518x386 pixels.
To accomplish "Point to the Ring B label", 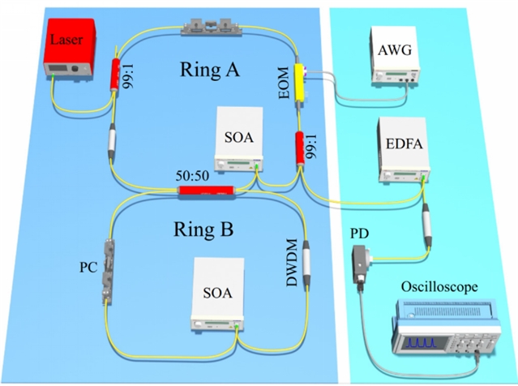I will click(x=203, y=229).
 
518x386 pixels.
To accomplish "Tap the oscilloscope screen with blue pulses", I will click(x=425, y=344).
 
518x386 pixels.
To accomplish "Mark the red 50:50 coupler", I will click(x=206, y=191).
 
